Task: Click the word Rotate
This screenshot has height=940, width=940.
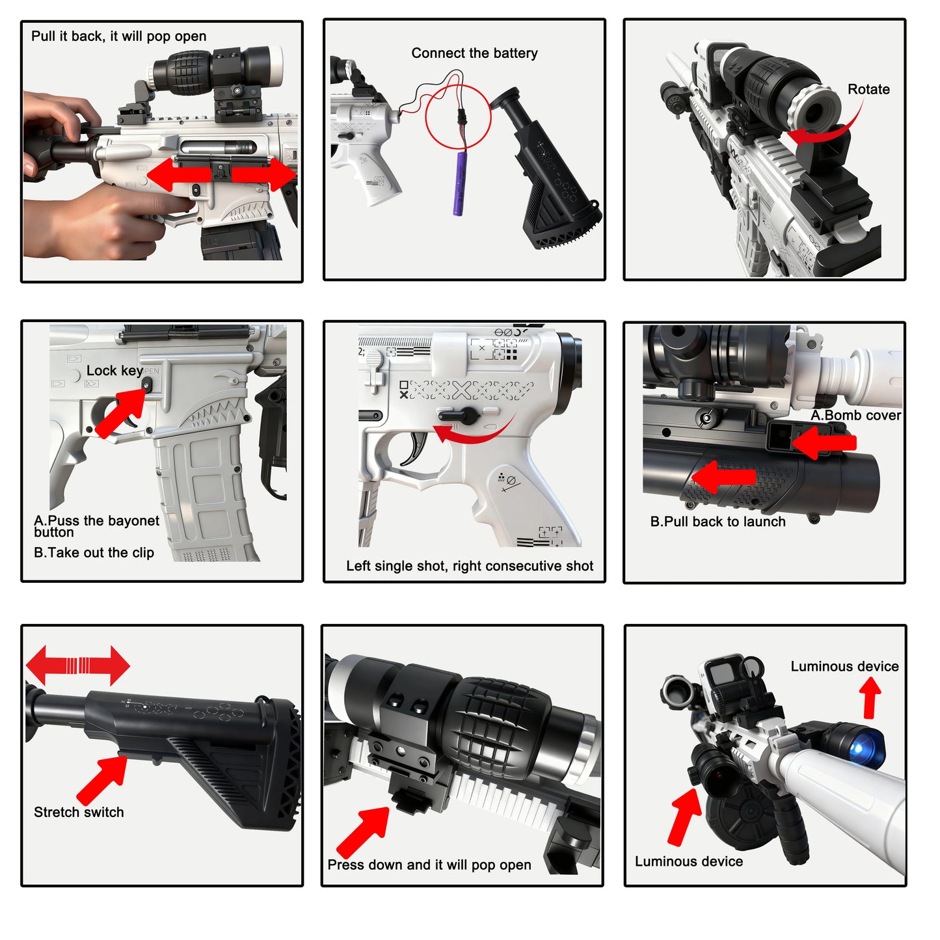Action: pyautogui.click(x=868, y=90)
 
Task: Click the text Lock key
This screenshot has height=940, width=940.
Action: pyautogui.click(x=114, y=371)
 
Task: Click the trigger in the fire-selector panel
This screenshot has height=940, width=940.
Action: pyautogui.click(x=416, y=448)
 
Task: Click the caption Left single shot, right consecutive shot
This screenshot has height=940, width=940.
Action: pyautogui.click(x=469, y=566)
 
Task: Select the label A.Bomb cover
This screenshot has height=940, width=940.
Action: pyautogui.click(x=855, y=416)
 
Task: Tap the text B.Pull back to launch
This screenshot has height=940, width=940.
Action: pyautogui.click(x=718, y=522)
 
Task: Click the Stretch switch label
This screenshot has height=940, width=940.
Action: pyautogui.click(x=79, y=812)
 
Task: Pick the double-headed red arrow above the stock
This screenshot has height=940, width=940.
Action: pyautogui.click(x=77, y=665)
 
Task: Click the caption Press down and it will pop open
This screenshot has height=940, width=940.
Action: pyautogui.click(x=429, y=865)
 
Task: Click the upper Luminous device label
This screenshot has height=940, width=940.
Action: pyautogui.click(x=844, y=667)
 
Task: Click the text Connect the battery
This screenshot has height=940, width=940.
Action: pyautogui.click(x=474, y=53)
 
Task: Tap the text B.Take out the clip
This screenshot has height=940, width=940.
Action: pyautogui.click(x=94, y=553)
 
